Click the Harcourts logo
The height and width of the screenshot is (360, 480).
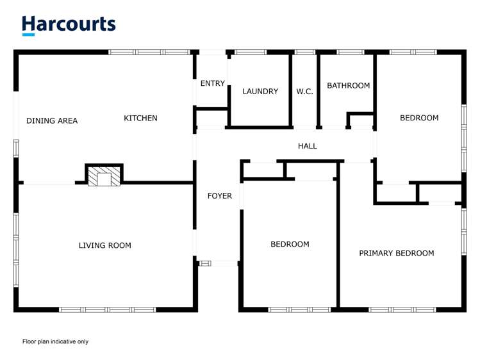(x=69, y=26)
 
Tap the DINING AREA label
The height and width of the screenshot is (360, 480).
(x=52, y=121)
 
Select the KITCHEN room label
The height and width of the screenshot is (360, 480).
(x=140, y=118)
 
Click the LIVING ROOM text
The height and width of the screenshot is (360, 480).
(x=105, y=245)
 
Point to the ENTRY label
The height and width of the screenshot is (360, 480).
(x=213, y=83)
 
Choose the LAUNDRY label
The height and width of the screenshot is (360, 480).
(x=260, y=91)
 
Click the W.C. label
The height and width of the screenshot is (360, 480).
(x=304, y=91)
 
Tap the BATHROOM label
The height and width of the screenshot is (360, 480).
(x=349, y=86)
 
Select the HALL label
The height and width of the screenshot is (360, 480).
(x=308, y=146)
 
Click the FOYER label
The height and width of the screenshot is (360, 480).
(x=219, y=196)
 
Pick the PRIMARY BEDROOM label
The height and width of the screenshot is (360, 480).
(x=397, y=253)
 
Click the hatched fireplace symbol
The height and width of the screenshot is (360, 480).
(x=104, y=176)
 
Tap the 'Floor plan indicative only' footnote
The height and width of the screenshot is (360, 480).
(x=55, y=341)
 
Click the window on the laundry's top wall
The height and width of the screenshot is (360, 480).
(x=251, y=53)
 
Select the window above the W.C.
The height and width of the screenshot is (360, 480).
(x=305, y=53)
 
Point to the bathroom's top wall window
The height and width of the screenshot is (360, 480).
(x=351, y=53)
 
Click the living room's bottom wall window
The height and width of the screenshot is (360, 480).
(x=108, y=309)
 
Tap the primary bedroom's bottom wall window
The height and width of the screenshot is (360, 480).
(x=402, y=309)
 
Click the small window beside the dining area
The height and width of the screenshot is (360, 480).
(x=16, y=149)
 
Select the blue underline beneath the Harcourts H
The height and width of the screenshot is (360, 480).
(x=28, y=35)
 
